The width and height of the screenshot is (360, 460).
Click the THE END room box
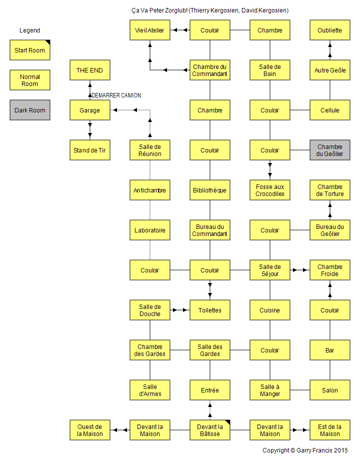[90, 70]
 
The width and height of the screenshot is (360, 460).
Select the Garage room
[90, 110]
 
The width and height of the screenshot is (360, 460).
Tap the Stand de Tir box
[90, 150]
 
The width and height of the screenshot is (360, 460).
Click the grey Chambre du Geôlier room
[330, 150]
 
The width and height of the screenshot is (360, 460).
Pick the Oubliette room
[330, 30]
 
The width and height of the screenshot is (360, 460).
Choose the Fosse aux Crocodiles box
[270, 190]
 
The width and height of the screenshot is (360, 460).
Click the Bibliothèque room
[210, 190]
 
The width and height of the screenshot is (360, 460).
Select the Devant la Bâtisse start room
[210, 430]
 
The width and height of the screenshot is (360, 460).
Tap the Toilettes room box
[210, 310]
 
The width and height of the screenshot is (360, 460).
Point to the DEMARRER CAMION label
[116, 95]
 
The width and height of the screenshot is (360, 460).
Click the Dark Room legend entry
[30, 110]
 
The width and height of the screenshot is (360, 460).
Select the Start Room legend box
[30, 50]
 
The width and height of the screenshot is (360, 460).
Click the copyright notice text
[305, 450]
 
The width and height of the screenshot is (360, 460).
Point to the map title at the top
[210, 10]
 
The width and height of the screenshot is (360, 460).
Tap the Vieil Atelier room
[150, 30]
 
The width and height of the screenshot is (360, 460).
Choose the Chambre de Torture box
[330, 190]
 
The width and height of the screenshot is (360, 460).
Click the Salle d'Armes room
[150, 390]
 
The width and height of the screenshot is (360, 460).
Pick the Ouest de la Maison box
[90, 430]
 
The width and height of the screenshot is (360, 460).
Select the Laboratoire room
[150, 230]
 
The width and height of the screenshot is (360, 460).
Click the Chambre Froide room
[330, 270]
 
